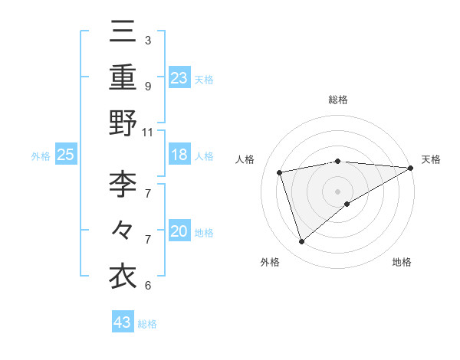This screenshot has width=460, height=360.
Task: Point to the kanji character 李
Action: [123, 183]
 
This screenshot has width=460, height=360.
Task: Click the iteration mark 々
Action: [123, 229]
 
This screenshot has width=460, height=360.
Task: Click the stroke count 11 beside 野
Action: [148, 132]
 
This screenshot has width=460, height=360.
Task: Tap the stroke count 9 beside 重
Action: [147, 86]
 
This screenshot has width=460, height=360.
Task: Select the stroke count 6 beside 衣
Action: [147, 286]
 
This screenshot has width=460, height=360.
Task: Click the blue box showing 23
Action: [179, 77]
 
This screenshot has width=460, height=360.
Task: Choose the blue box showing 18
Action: [179, 155]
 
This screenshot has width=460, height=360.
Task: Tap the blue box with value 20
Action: [179, 231]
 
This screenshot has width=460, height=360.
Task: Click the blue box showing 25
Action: [66, 155]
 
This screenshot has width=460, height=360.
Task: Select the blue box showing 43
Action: [123, 322]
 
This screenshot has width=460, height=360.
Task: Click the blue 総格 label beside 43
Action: [147, 324]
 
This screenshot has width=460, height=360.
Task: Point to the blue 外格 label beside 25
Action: [41, 156]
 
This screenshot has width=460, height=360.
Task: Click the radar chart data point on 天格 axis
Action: [411, 168]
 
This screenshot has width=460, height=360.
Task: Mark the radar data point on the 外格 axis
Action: [302, 242]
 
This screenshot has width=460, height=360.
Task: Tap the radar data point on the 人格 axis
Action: [281, 172]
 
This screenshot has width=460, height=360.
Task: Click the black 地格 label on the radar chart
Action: [402, 263]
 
